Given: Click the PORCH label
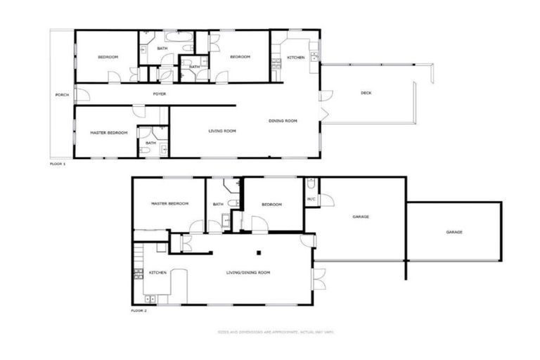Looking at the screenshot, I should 62,94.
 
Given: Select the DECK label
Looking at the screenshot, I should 366,93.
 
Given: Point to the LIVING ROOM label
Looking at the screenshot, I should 221,131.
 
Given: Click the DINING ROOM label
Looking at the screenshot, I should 283,121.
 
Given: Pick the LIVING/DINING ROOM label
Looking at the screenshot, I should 248,272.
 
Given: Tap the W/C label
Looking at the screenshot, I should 311,199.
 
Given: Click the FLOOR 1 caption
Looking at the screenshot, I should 58,164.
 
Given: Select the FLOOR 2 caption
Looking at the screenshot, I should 139,310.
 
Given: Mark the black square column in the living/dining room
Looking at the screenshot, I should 259,252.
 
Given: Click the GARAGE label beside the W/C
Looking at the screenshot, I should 361,217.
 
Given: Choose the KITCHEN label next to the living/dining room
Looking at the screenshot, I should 157,273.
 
